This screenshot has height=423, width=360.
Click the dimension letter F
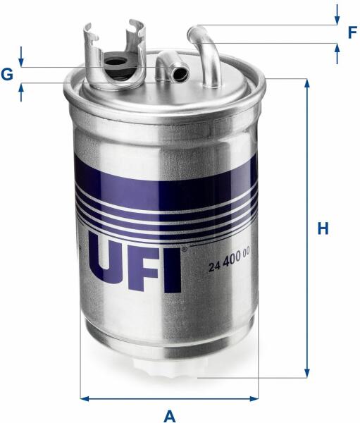tap(352, 32)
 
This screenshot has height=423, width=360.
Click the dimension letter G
tap(7, 74)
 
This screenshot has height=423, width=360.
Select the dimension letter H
tap(323, 228)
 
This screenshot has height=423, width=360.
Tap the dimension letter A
tap(170, 416)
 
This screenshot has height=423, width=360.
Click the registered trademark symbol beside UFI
tap(184, 249)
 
